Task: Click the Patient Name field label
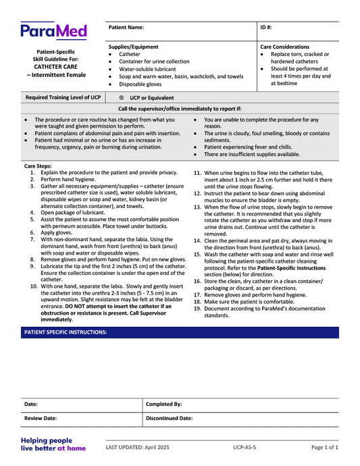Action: click(126, 28)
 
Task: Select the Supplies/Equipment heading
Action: click(134, 47)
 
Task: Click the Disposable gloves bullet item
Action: click(140, 84)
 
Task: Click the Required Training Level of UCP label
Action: click(63, 98)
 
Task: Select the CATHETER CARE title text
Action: click(55, 66)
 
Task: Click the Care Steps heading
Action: click(38, 165)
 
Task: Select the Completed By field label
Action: click(163, 404)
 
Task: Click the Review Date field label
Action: click(42, 418)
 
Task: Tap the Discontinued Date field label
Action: click(169, 418)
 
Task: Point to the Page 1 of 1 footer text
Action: click(324, 447)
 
